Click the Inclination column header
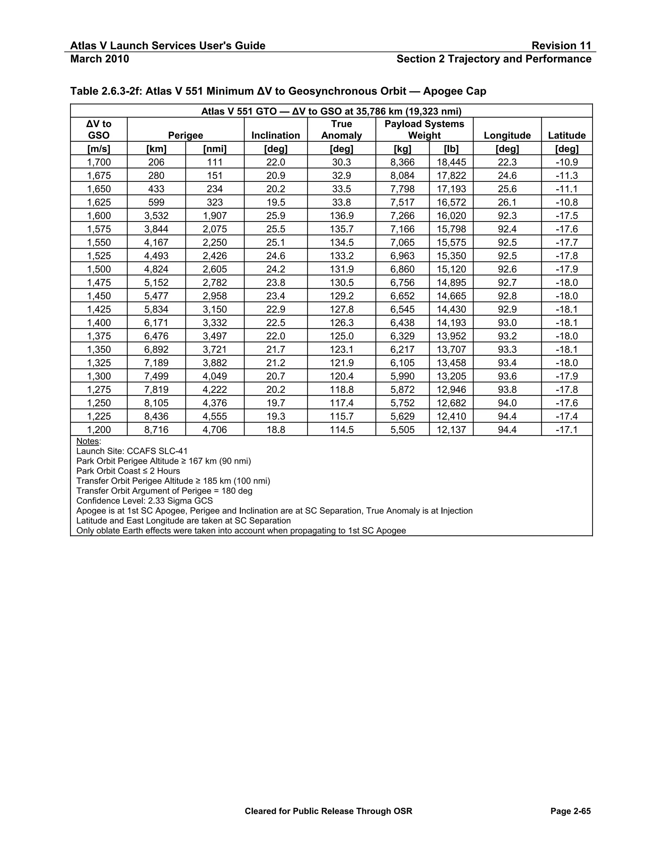[x=275, y=136]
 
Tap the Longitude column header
[x=507, y=136]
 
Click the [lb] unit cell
[x=451, y=149]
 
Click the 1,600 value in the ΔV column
[x=99, y=216]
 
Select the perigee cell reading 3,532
[x=156, y=216]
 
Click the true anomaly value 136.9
[x=341, y=216]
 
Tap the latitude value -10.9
[x=567, y=162]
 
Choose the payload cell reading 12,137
[x=451, y=430]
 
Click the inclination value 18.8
[x=275, y=430]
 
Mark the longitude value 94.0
[x=507, y=403]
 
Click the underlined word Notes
[x=88, y=441]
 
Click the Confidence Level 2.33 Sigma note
[x=144, y=501]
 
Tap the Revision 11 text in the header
[x=561, y=46]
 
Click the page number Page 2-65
[x=570, y=811]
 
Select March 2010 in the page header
[x=99, y=59]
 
